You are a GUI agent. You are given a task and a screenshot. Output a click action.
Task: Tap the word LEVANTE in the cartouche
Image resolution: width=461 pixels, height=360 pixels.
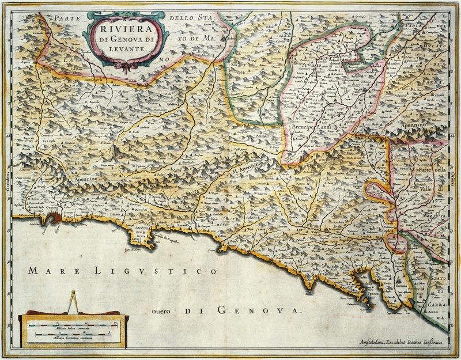point(125,50)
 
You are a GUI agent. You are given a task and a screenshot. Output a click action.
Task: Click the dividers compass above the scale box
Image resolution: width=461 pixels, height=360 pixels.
point(73,302)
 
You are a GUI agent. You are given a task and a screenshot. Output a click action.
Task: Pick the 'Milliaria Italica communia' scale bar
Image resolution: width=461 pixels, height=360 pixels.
point(71,326)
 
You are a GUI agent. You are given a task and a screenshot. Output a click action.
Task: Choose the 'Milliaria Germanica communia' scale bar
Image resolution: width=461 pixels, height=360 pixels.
point(71,336)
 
